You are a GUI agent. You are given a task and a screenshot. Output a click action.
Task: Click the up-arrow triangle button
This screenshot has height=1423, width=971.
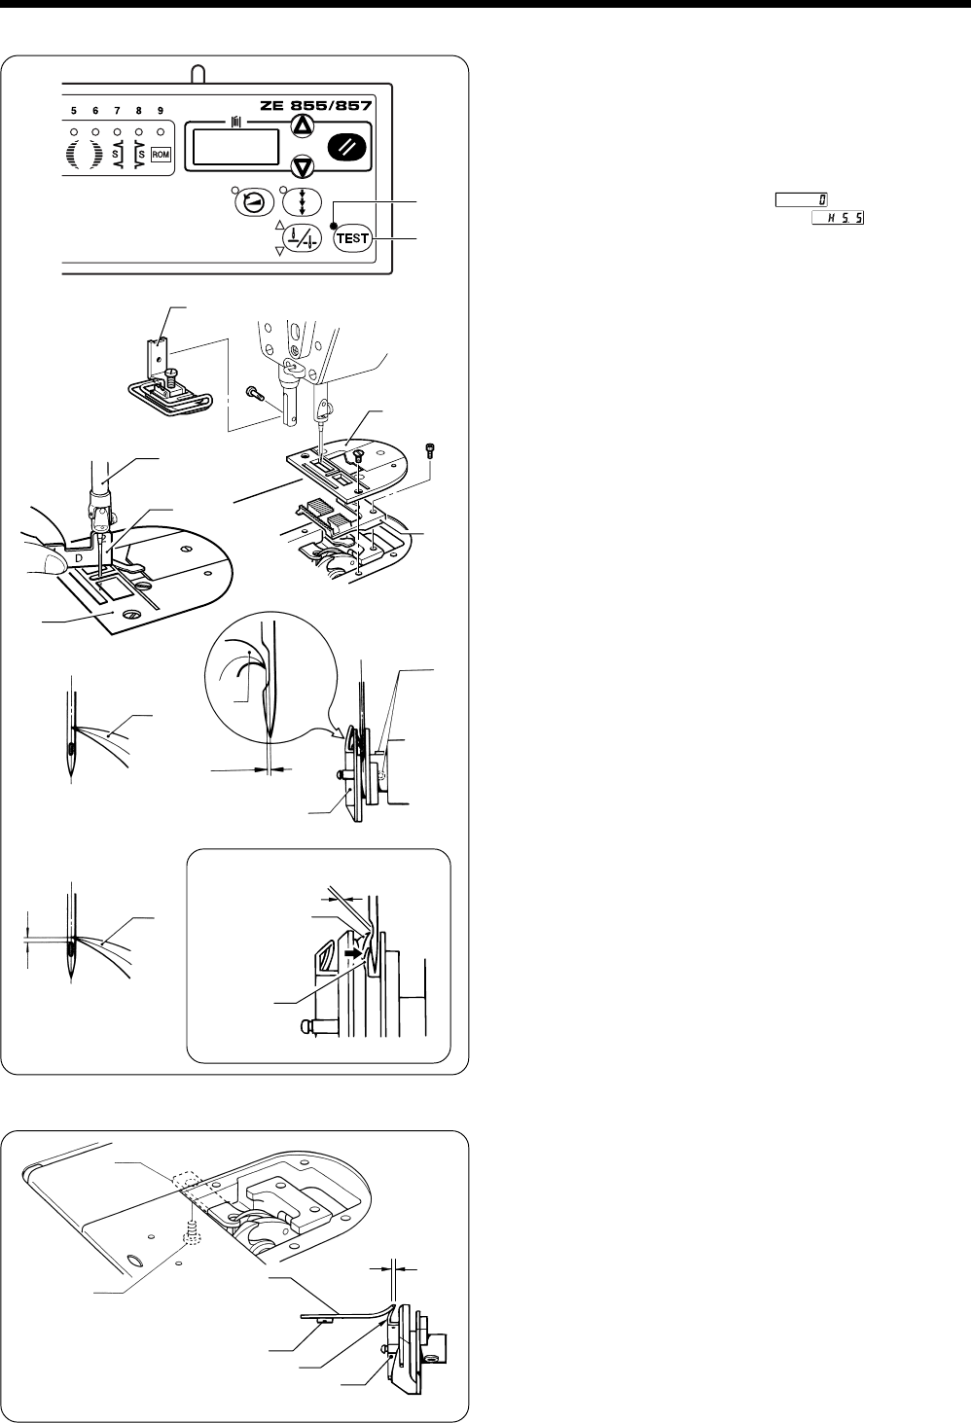(303, 125)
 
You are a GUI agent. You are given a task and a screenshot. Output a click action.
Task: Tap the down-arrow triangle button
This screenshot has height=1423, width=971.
(303, 167)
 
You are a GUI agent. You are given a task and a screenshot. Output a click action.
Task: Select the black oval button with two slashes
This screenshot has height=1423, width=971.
(347, 148)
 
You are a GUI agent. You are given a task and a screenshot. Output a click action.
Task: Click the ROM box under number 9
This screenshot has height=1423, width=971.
(161, 155)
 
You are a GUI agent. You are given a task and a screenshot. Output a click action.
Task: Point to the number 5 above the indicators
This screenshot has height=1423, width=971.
(74, 111)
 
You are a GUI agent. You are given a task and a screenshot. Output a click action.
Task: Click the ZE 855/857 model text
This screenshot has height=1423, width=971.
(316, 105)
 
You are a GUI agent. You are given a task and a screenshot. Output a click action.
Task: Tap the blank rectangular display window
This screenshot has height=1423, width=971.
(235, 148)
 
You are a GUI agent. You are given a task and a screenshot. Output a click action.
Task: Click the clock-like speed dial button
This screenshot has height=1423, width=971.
(255, 202)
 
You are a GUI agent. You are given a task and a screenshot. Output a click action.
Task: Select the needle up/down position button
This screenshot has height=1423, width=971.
(302, 239)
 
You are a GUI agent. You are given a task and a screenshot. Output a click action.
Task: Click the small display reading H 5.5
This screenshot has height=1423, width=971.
(838, 218)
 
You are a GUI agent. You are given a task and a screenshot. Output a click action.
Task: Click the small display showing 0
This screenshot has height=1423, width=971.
(802, 199)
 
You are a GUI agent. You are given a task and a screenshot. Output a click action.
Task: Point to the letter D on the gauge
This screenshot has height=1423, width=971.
(79, 557)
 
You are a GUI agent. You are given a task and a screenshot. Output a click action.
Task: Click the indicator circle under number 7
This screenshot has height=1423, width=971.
(117, 131)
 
